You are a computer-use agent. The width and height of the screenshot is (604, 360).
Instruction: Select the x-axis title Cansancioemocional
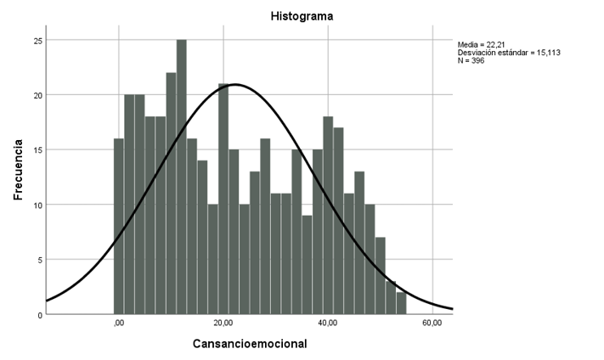pyautogui.click(x=250, y=344)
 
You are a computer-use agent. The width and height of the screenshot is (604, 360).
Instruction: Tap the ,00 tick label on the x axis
pyautogui.click(x=119, y=323)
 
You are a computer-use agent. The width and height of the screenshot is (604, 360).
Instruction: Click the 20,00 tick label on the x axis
pyautogui.click(x=223, y=323)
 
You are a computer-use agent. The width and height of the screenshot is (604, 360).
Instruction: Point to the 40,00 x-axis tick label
pyautogui.click(x=328, y=323)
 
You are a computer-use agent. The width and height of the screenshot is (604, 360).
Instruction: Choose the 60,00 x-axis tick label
pyautogui.click(x=432, y=323)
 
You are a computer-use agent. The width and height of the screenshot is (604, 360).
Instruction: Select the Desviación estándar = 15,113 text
pyautogui.click(x=508, y=53)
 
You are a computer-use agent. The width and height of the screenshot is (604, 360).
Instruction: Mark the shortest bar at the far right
pyautogui.click(x=401, y=303)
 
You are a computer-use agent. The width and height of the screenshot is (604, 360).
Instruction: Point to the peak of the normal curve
pyautogui.click(x=234, y=84)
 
